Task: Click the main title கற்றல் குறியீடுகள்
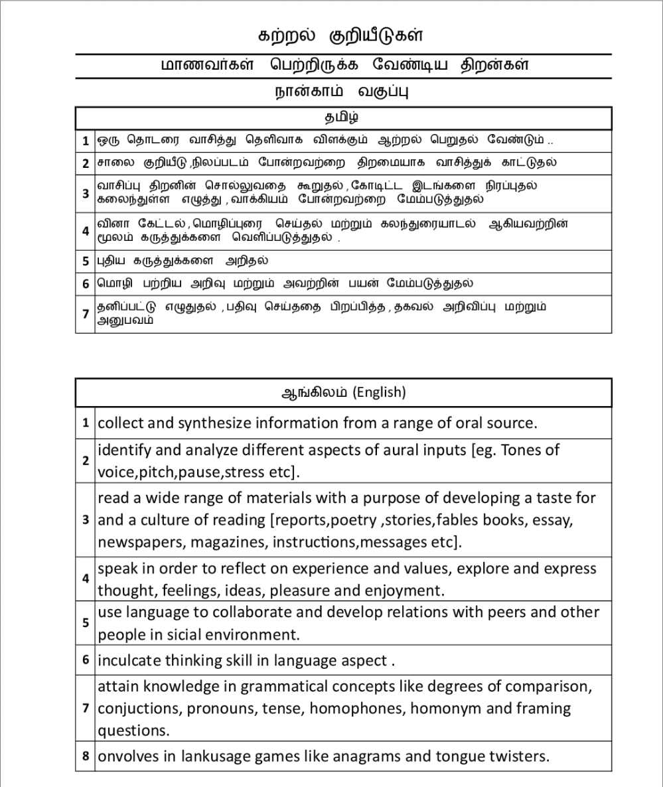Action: pyautogui.click(x=340, y=34)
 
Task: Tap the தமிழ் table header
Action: pyautogui.click(x=342, y=117)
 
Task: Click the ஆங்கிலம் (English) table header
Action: pyautogui.click(x=343, y=392)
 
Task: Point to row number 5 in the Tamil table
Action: pyautogui.click(x=86, y=261)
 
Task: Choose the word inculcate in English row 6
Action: pyautogui.click(x=128, y=661)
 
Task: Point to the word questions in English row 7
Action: pyautogui.click(x=129, y=730)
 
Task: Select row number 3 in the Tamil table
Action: pyautogui.click(x=86, y=193)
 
